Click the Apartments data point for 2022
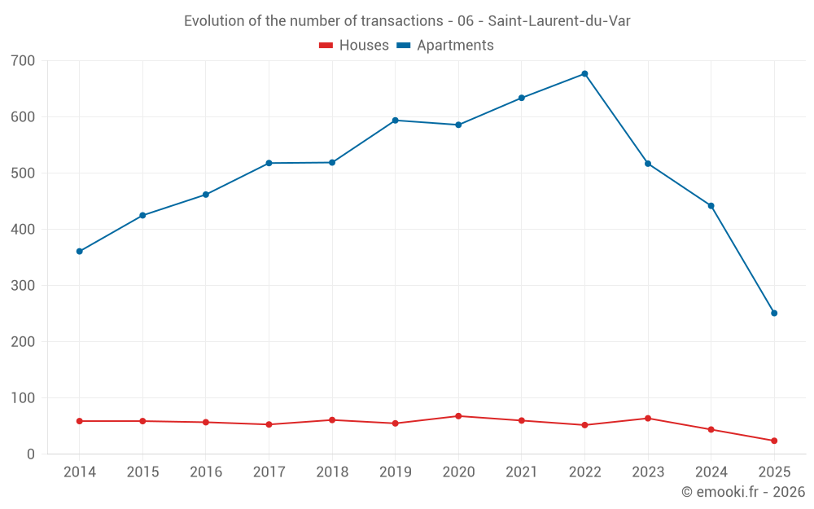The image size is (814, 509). (x=584, y=74)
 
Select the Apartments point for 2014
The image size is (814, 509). (x=80, y=252)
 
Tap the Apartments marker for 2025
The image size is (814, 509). (x=774, y=314)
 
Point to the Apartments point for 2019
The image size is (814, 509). (x=395, y=121)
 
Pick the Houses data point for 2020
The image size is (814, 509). (x=458, y=416)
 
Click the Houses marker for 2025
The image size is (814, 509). (x=774, y=441)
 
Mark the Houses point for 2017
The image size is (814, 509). (x=269, y=424)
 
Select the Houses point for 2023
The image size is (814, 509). (x=648, y=419)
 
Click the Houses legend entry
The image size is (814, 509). (x=353, y=46)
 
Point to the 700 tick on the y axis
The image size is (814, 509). (x=24, y=61)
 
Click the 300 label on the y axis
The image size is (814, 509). (x=24, y=286)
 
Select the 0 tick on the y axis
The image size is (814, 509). (x=30, y=454)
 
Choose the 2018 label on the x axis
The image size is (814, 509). (x=332, y=472)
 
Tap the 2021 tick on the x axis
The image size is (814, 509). (x=522, y=472)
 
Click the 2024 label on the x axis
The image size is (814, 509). (x=711, y=472)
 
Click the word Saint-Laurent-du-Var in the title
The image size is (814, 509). (x=559, y=21)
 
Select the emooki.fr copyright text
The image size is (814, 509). (x=743, y=492)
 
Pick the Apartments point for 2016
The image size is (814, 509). (x=206, y=195)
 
